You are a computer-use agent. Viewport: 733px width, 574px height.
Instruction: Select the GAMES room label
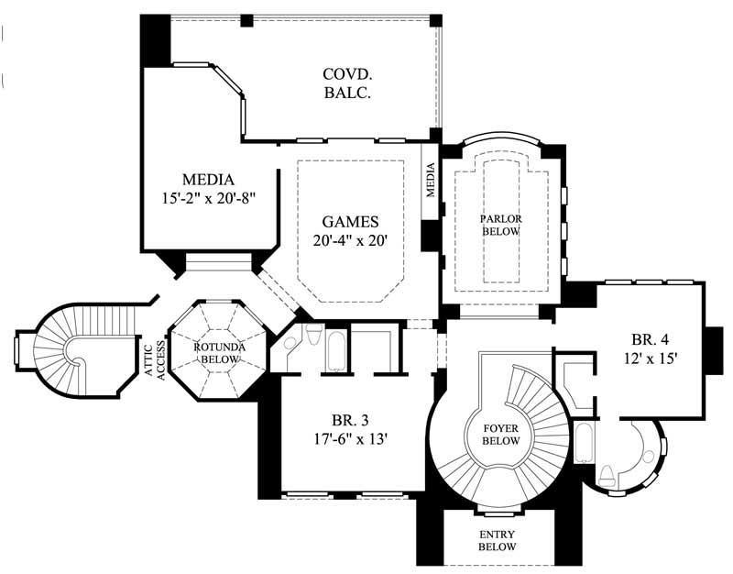[x=350, y=222]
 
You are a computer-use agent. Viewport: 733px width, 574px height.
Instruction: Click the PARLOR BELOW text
[x=500, y=226]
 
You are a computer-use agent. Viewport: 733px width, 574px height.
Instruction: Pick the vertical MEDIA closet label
[x=430, y=180]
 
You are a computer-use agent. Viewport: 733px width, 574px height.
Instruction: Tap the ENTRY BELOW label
[x=498, y=540]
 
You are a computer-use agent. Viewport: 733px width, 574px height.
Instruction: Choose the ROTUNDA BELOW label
[x=216, y=353]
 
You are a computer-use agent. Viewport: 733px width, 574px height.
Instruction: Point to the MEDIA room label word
[x=208, y=179]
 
